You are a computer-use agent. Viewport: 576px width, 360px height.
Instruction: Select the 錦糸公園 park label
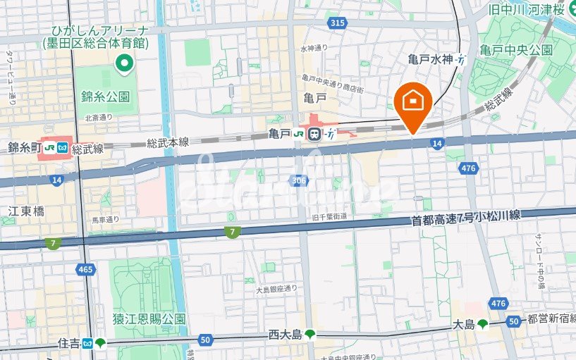[x=106, y=97]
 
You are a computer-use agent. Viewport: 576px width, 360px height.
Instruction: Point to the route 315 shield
[x=338, y=23]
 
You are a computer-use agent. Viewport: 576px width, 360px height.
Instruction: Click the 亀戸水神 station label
[x=430, y=61]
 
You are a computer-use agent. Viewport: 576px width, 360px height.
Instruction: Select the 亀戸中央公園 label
[x=516, y=50]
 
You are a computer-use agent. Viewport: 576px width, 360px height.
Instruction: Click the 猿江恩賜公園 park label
[x=149, y=318]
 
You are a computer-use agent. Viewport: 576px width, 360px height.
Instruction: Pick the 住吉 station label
[x=69, y=344]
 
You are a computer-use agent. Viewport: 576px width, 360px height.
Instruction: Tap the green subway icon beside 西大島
[x=309, y=335]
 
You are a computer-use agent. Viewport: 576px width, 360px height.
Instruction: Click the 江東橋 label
[x=26, y=211]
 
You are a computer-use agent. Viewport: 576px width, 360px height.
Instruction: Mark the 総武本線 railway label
[x=168, y=142]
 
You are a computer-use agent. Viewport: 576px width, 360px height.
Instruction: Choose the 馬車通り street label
[x=106, y=220]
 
